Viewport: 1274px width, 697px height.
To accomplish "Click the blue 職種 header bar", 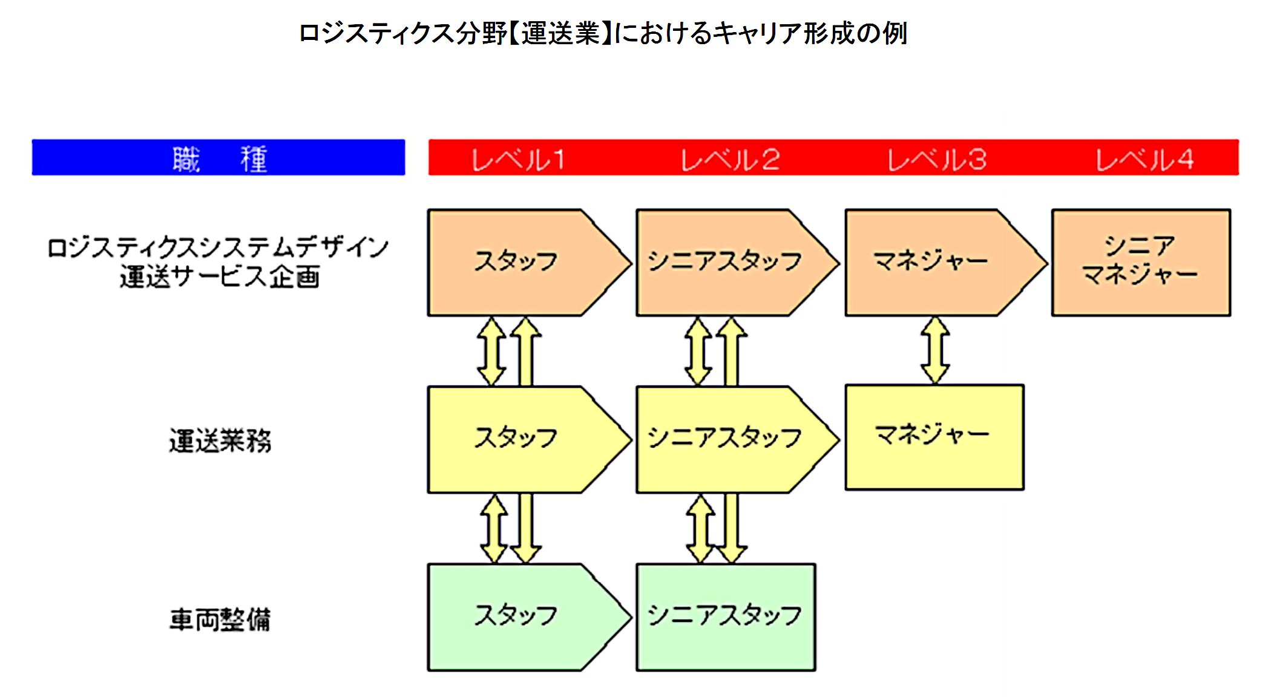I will coord(218,158).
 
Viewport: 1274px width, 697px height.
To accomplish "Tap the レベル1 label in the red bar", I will coord(518,160).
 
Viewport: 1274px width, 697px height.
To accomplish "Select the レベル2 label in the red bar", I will coord(730,160).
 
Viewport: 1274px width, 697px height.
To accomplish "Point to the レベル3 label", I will coord(937,160).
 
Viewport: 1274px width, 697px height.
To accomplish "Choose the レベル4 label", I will coord(1144,160).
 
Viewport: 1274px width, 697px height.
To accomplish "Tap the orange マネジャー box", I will coord(931,262).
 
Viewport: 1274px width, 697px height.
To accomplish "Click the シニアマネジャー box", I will coord(1141,262).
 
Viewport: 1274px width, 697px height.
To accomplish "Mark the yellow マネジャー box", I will coord(934,436).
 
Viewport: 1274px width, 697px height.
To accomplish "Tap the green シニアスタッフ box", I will coord(725,616).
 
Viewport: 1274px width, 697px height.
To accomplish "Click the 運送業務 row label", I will coord(220,440).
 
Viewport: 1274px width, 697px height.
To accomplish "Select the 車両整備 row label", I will coord(220,620).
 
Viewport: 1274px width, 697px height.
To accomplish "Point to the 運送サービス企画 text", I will coord(220,278).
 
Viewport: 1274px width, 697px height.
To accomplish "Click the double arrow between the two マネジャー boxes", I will coord(935,350).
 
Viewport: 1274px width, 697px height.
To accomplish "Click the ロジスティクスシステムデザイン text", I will coord(218,247).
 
